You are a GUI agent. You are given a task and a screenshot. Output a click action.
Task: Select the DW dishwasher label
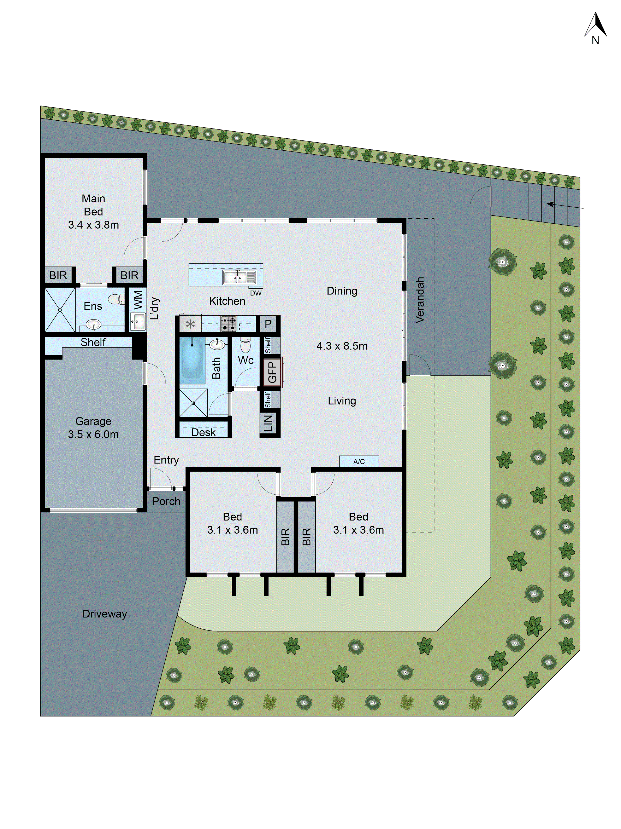click(256, 293)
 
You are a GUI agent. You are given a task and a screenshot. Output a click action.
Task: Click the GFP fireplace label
click(272, 372)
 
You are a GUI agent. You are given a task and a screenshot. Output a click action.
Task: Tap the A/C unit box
click(359, 461)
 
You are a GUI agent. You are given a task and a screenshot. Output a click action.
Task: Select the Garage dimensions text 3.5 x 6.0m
click(93, 434)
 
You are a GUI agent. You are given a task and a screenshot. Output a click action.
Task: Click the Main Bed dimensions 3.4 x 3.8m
click(93, 225)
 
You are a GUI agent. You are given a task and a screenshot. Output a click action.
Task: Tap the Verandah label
click(420, 300)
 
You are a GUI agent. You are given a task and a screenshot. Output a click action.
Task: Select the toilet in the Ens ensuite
click(116, 299)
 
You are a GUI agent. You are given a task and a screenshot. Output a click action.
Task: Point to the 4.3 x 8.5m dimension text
click(342, 346)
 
